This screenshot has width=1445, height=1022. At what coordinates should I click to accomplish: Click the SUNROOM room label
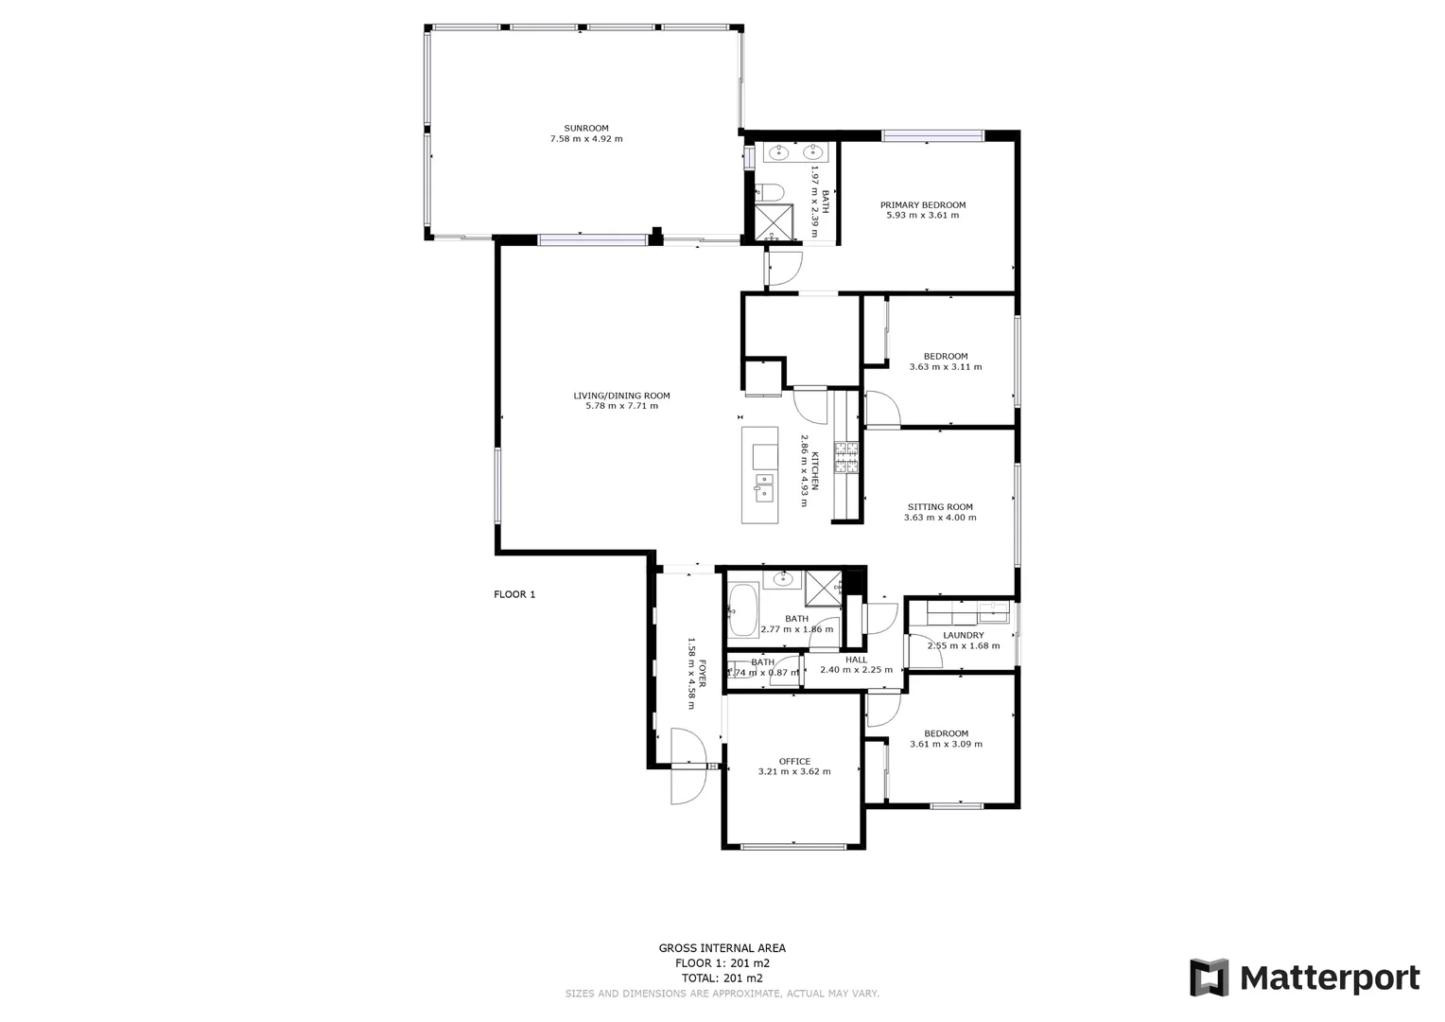pyautogui.click(x=586, y=129)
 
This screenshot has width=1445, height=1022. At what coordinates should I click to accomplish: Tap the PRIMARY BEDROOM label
pyautogui.click(x=923, y=205)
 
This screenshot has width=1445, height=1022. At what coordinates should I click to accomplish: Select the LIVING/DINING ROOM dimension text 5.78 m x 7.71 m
pyautogui.click(x=621, y=406)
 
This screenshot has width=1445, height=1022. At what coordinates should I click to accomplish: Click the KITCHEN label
pyautogui.click(x=815, y=471)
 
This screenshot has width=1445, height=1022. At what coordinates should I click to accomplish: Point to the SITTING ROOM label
pyautogui.click(x=940, y=507)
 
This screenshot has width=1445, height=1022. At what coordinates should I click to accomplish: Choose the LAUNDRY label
pyautogui.click(x=963, y=636)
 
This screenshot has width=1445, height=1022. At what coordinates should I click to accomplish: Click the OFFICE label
pyautogui.click(x=794, y=762)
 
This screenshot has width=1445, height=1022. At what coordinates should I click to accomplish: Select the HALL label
pyautogui.click(x=856, y=660)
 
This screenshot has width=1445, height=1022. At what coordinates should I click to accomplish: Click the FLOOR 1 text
pyautogui.click(x=514, y=594)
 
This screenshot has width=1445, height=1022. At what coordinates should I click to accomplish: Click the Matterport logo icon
pyautogui.click(x=1209, y=978)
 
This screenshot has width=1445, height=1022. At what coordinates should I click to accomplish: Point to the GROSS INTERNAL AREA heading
pyautogui.click(x=722, y=948)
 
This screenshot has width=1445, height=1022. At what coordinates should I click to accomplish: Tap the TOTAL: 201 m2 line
pyautogui.click(x=722, y=978)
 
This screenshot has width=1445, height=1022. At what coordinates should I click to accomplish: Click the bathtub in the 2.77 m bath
pyautogui.click(x=743, y=610)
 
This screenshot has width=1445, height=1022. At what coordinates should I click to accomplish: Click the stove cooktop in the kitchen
pyautogui.click(x=845, y=457)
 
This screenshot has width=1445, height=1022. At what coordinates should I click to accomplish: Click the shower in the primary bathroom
pyautogui.click(x=774, y=222)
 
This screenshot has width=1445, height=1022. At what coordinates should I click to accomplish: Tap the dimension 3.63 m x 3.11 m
pyautogui.click(x=946, y=367)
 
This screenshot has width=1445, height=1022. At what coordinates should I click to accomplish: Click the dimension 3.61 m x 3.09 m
pyautogui.click(x=946, y=744)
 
